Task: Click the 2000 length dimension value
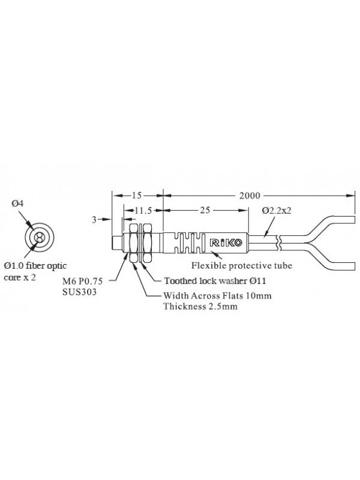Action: (250, 196)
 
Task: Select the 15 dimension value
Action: (137, 196)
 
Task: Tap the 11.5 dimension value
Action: (143, 211)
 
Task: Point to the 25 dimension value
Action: (205, 210)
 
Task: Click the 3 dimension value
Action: (94, 220)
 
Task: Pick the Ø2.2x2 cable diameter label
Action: (277, 211)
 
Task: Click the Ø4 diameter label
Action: (17, 203)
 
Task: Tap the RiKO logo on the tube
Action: (226, 243)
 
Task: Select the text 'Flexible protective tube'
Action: (242, 265)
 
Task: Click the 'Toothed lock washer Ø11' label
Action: (215, 281)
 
